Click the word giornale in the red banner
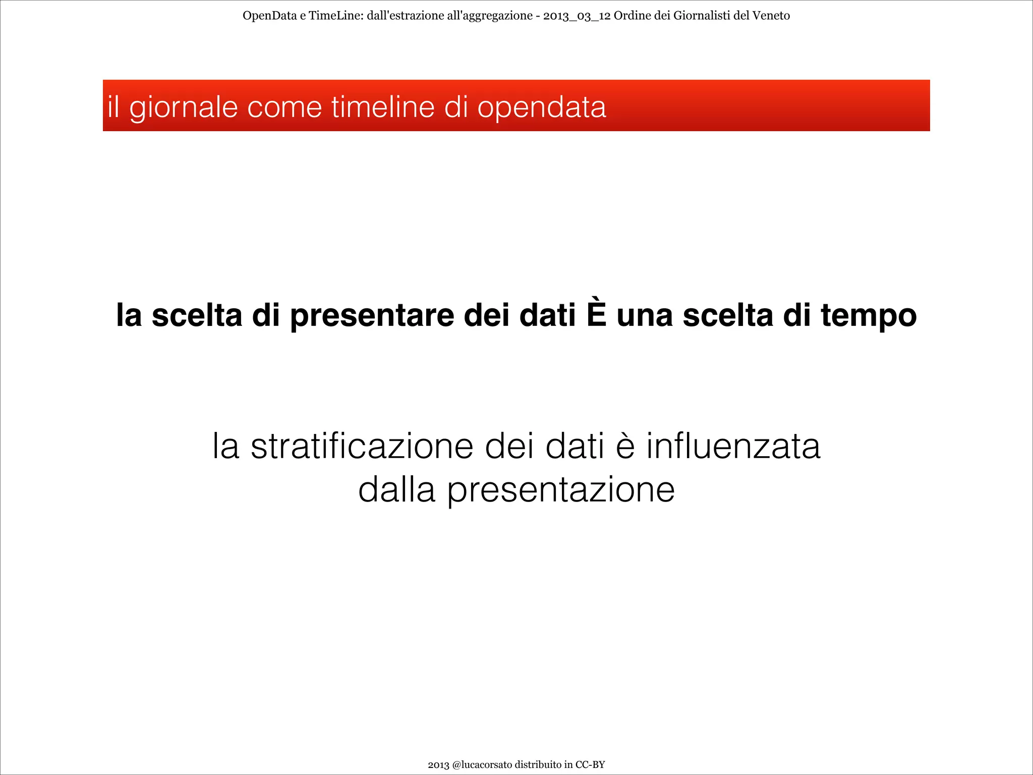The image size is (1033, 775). [183, 107]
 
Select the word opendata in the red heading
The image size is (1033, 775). [541, 107]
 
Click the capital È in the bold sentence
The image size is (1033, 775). [596, 314]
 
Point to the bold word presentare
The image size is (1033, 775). [372, 315]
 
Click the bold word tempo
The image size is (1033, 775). [868, 315]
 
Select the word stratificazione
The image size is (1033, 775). [362, 446]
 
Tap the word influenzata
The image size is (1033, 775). [733, 446]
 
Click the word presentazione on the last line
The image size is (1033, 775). [561, 490]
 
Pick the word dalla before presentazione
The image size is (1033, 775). [396, 489]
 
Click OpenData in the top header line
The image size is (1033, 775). [269, 16]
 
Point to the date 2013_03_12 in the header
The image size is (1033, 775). [577, 16]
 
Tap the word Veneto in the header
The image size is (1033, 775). [771, 16]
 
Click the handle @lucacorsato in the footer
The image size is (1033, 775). [482, 764]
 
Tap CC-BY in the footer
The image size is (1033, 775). [590, 764]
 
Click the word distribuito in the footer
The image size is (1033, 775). [538, 764]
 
